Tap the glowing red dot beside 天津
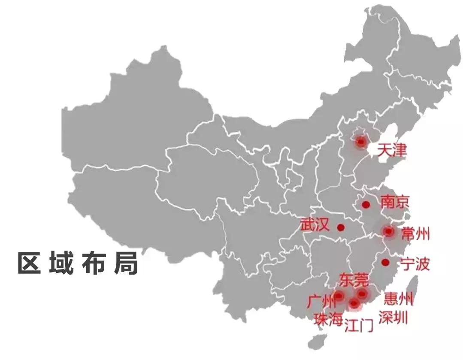(x=361, y=141)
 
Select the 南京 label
(x=395, y=202)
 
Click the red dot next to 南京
(x=366, y=205)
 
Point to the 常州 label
(x=415, y=234)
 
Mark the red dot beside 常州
(x=389, y=232)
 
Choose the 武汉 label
(x=315, y=224)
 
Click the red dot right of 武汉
(x=341, y=227)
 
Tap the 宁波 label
(x=415, y=264)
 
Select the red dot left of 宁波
(x=385, y=262)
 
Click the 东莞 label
(x=354, y=280)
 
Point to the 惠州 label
(x=399, y=298)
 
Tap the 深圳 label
(x=393, y=318)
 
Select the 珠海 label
(x=328, y=320)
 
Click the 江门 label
(x=359, y=327)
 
